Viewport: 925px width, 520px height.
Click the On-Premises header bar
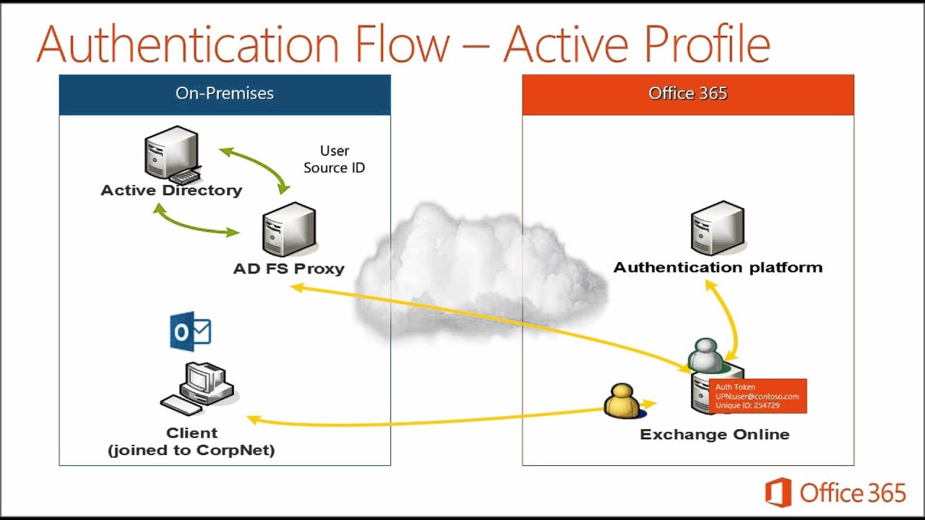[x=224, y=94]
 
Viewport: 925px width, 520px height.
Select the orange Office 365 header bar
[x=687, y=94]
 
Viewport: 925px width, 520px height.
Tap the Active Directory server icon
[x=171, y=154]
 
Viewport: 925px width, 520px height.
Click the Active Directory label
[x=171, y=191]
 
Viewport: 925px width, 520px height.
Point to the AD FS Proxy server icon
[x=288, y=229]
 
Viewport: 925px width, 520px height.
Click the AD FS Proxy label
[x=288, y=269]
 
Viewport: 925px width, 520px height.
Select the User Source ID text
[x=334, y=160]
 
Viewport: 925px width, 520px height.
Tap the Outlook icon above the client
[x=190, y=331]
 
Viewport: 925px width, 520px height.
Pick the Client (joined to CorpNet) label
[x=192, y=441]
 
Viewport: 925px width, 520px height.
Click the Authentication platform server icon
[x=717, y=227]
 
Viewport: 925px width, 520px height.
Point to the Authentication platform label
[x=718, y=267]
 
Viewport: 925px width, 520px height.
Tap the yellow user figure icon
[x=621, y=401]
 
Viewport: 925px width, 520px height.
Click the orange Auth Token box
[x=757, y=396]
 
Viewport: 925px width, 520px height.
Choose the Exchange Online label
[x=714, y=435]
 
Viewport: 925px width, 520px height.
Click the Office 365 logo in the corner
[x=835, y=493]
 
